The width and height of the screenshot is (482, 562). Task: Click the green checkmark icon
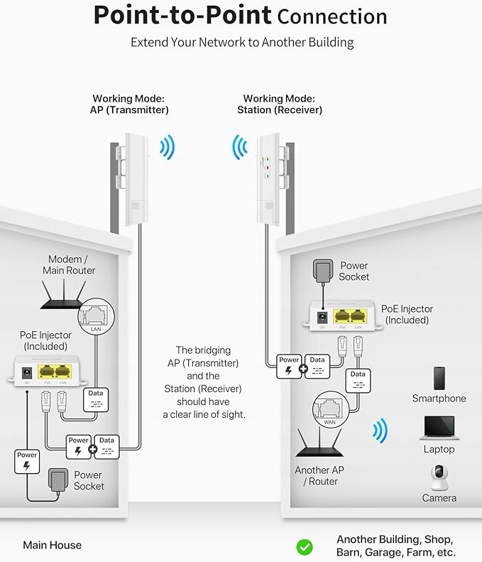pyautogui.click(x=305, y=546)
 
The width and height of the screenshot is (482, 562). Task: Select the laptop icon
pyautogui.click(x=439, y=428)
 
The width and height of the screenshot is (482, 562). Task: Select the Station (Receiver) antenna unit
pyautogui.click(x=268, y=178)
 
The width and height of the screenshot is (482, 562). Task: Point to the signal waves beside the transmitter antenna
pyautogui.click(x=168, y=148)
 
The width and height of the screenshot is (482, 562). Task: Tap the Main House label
pyautogui.click(x=52, y=546)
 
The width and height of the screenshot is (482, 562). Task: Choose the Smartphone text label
pyautogui.click(x=439, y=399)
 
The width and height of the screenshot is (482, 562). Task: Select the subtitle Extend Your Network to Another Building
pyautogui.click(x=241, y=43)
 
